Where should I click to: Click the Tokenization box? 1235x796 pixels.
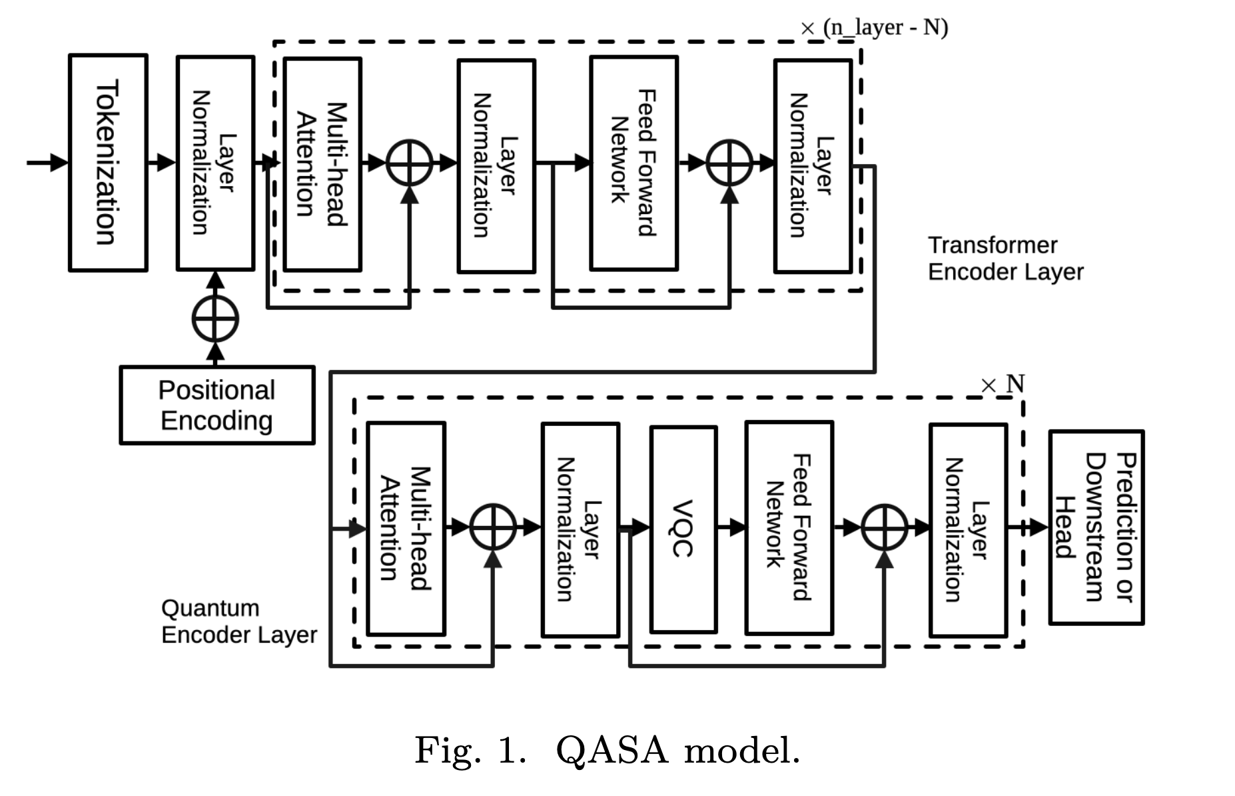click(x=108, y=163)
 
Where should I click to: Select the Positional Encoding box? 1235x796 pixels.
click(x=216, y=405)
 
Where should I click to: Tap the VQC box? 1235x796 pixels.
click(x=683, y=529)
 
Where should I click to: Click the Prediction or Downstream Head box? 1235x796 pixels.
click(x=1096, y=527)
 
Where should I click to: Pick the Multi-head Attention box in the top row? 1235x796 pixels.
click(x=322, y=164)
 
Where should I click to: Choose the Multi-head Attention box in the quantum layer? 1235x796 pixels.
click(x=406, y=528)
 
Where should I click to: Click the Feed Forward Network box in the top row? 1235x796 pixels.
click(x=633, y=163)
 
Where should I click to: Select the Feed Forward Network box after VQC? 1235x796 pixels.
click(x=789, y=527)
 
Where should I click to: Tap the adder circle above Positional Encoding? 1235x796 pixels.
click(x=215, y=319)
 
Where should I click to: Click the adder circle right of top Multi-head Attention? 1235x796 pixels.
click(x=410, y=163)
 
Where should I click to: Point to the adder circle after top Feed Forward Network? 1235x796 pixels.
click(x=729, y=163)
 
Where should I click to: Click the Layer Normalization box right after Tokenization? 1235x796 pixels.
click(x=215, y=163)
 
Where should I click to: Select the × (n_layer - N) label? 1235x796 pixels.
click(x=874, y=28)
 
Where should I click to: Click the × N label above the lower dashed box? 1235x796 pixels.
click(x=1003, y=384)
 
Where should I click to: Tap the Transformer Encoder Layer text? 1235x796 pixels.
click(x=1005, y=259)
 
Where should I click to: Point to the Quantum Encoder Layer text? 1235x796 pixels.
click(x=238, y=621)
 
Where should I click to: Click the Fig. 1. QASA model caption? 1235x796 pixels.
click(x=607, y=750)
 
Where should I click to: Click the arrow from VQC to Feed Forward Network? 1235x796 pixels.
click(x=731, y=528)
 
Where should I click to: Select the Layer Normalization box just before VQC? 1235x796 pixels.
click(x=580, y=529)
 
